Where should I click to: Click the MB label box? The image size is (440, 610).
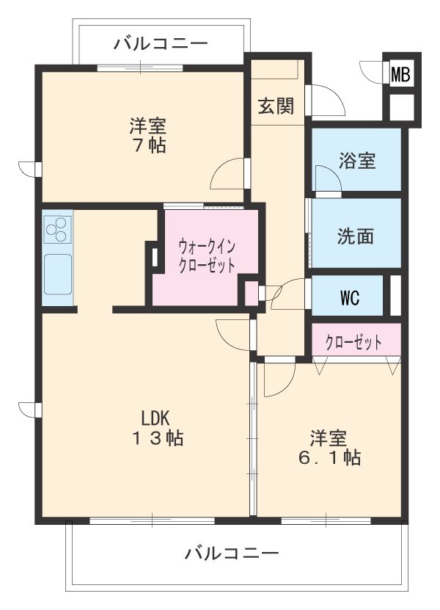point(400,73)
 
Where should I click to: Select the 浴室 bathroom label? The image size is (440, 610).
point(357,160)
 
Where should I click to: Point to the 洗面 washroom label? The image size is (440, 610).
point(356,236)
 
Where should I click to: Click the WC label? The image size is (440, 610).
point(349,297)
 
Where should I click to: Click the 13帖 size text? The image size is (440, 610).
point(156,439)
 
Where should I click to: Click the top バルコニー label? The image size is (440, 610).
point(161,44)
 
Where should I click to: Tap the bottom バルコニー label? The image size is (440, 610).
point(232,553)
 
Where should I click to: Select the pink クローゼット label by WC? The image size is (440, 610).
point(354,341)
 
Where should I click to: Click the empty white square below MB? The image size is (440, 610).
point(400,107)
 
